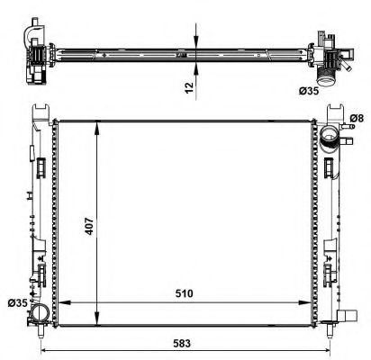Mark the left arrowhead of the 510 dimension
61,303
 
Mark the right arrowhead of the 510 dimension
316,303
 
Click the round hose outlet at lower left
39,314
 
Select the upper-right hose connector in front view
331,138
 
